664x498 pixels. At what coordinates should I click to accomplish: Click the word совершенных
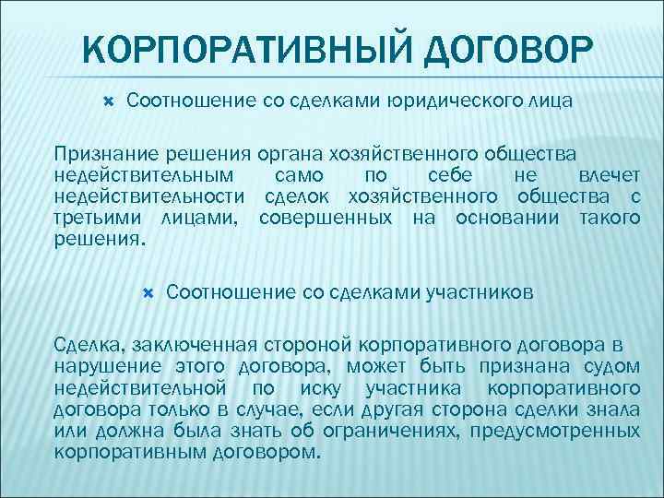pos(321,218)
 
